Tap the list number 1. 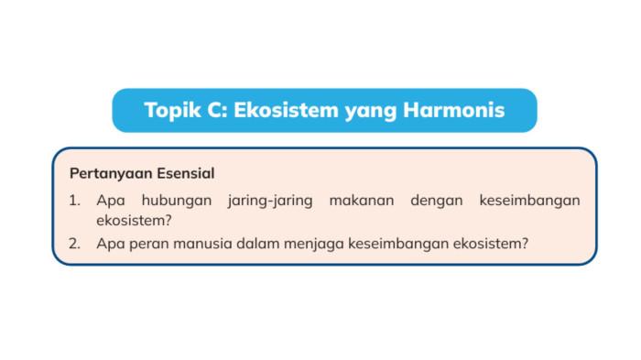(74, 200)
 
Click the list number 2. (74, 244)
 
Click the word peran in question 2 (148, 245)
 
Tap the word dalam (256, 244)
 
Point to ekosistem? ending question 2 (492, 244)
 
